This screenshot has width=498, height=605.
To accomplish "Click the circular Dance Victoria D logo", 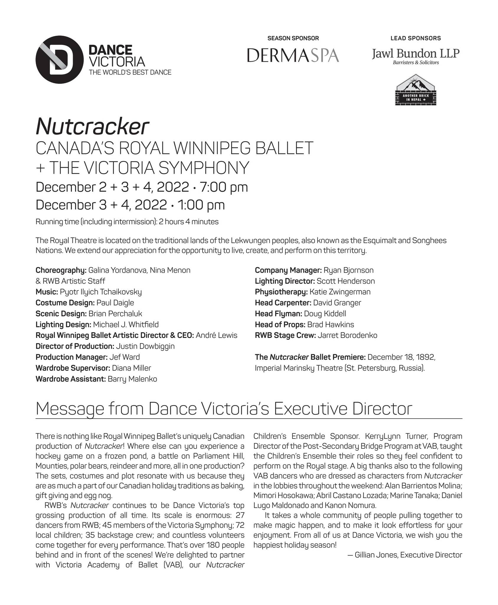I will click(59, 60).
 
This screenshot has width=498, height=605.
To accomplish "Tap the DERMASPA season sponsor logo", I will click(293, 55).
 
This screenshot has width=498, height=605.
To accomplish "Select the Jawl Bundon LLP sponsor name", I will click(416, 53).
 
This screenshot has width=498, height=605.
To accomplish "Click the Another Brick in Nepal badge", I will click(416, 90).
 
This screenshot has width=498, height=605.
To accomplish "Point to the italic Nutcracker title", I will click(92, 126).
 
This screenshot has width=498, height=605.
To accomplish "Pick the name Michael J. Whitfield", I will click(126, 325).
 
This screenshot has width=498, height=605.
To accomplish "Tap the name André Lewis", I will click(216, 336).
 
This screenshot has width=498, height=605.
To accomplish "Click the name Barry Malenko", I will click(132, 379).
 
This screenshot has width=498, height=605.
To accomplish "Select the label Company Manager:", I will click(288, 270).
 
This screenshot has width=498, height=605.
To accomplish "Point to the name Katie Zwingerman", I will click(340, 292).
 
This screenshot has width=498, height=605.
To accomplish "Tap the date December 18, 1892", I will click(401, 357).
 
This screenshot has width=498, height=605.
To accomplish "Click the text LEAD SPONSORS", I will click(416, 38).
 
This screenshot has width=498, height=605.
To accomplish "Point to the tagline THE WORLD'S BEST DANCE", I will click(130, 73).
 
